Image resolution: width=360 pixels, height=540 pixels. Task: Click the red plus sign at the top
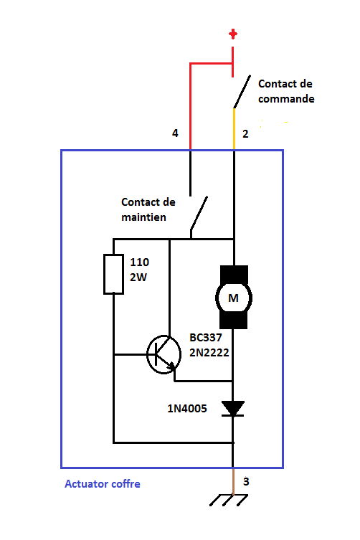[x=233, y=34]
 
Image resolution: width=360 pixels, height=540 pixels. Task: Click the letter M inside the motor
[x=233, y=298]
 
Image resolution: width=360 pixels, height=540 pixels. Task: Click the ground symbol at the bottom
[x=228, y=500]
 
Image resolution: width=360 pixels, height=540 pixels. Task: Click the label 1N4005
[x=187, y=409]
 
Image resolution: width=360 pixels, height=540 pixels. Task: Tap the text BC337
[x=206, y=338]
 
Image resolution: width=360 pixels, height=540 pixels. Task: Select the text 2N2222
[x=209, y=353]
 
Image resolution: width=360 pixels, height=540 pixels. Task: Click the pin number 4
[x=175, y=133]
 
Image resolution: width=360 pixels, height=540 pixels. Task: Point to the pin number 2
[x=245, y=134]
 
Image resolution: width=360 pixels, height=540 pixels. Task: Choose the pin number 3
[x=246, y=481]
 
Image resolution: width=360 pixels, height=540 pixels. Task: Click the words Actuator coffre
[x=103, y=484]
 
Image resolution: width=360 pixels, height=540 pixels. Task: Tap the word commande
[x=286, y=99]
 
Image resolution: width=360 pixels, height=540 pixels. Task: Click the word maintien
[x=143, y=217]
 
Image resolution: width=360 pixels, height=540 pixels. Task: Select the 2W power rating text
[x=138, y=278]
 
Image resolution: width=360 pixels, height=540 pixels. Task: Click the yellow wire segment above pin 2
[x=235, y=129]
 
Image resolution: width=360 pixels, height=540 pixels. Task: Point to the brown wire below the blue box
[x=233, y=481]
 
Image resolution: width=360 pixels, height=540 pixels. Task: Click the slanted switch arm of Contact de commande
[x=242, y=92]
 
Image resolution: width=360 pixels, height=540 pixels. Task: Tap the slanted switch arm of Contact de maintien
[x=199, y=213]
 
